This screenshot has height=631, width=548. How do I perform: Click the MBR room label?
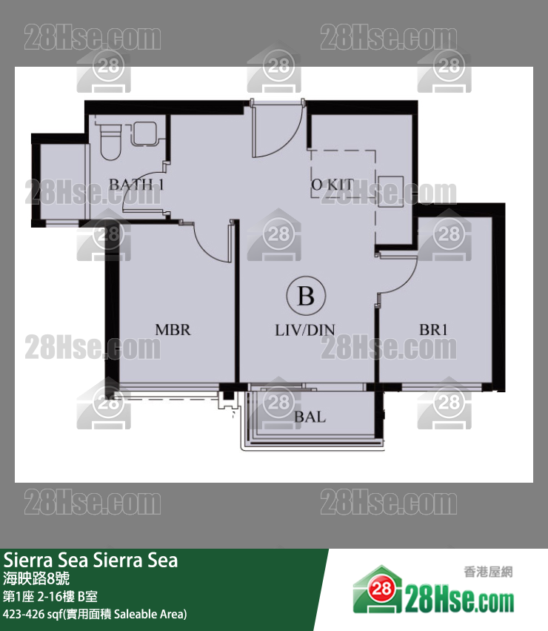(x=173, y=329)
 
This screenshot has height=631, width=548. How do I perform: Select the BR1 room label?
(x=433, y=329)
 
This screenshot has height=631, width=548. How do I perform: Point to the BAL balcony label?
(x=310, y=417)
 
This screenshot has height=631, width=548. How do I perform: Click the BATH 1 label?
(x=136, y=184)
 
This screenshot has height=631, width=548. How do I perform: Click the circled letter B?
(x=305, y=297)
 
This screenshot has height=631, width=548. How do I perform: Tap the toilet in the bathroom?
(x=110, y=141)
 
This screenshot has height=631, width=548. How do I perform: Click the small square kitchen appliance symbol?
(x=391, y=190)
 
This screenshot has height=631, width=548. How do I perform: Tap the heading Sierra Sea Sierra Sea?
(x=90, y=560)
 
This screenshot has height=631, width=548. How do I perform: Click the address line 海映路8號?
(x=37, y=578)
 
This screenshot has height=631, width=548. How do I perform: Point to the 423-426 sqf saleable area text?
(x=95, y=614)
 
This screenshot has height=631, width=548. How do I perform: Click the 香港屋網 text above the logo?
(x=488, y=571)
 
